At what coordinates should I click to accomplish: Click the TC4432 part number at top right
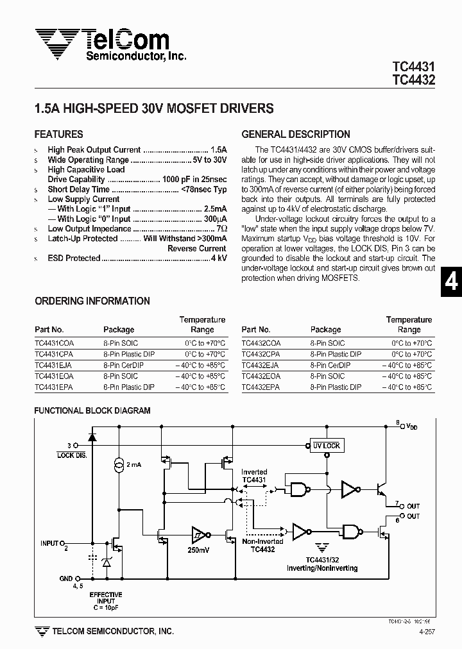pos(413,80)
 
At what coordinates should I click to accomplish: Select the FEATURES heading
pos(58,135)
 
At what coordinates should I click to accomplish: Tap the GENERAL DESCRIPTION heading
pos(296,135)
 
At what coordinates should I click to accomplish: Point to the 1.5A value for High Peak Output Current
pos(219,150)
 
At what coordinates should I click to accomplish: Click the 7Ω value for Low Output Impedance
pos(221,229)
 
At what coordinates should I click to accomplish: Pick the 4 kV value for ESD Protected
pos(219,258)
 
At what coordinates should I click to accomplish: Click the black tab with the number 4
pos(452,282)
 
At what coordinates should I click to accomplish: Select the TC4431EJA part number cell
pos(54,365)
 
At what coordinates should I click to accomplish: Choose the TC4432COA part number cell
pos(261,343)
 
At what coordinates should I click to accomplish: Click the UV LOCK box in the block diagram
pos(326,446)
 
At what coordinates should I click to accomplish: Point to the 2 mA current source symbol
pos(119,464)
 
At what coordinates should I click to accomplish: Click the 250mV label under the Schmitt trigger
pos(198,550)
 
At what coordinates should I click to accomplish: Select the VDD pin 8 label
pos(409,425)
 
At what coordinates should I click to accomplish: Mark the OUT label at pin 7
pos(413,505)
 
